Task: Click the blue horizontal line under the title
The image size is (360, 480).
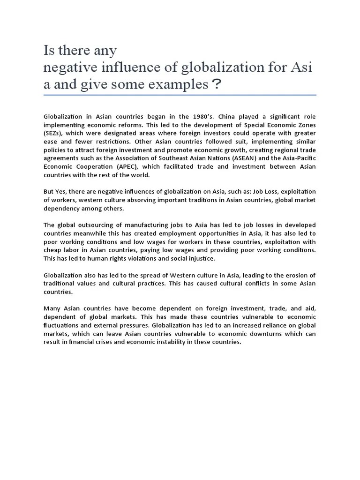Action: tap(180, 95)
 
